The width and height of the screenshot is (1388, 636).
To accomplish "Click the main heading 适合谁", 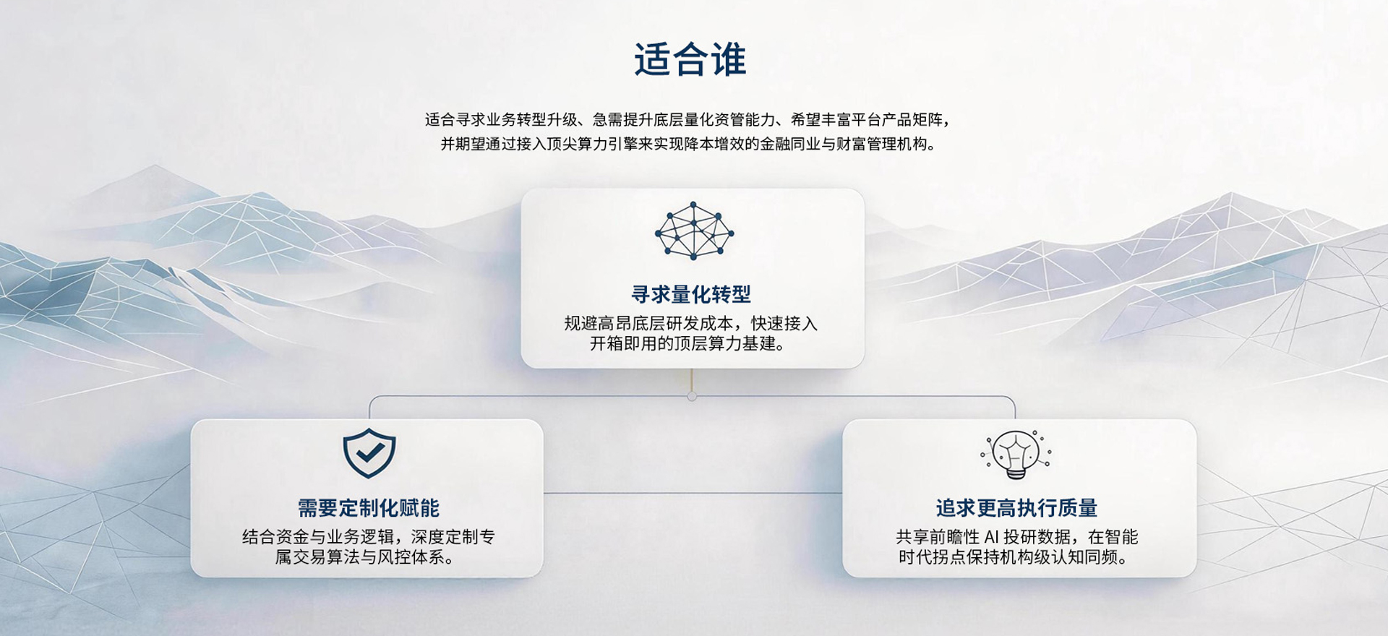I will point(690,60).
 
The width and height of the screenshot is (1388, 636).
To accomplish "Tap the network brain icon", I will point(694,231).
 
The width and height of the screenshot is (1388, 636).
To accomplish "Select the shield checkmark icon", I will point(369,453).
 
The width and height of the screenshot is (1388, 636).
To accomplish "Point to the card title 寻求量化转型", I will point(691,294).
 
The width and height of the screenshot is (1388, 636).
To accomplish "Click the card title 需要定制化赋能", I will point(369,508).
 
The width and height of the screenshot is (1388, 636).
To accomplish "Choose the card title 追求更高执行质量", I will point(1016,508).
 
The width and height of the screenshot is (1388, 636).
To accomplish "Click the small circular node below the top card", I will point(692,397).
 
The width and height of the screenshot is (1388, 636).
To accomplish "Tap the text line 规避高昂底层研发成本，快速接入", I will point(690,323).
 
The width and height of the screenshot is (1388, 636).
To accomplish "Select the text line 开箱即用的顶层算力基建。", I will point(687,344).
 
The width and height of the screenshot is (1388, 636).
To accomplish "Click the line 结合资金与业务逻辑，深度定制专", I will point(369,537).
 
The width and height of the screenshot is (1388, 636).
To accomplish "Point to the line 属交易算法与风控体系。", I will point(365,557).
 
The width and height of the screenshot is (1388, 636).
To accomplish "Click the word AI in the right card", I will point(991,537).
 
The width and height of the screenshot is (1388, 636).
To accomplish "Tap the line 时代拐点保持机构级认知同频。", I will point(1013,557).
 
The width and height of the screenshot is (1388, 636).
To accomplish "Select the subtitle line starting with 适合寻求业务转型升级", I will point(687,120).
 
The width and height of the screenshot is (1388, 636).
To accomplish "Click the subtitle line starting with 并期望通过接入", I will point(689,144).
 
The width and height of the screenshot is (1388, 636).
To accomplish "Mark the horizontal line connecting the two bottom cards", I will point(693,493).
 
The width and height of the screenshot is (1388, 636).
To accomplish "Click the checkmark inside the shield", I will point(369,452).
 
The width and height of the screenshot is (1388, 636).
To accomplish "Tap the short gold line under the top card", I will point(692,379).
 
